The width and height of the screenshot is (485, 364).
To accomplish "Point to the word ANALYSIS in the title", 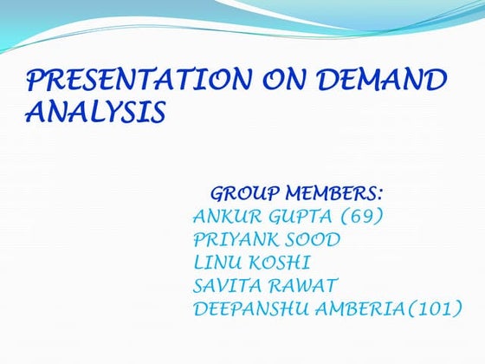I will coord(95,113).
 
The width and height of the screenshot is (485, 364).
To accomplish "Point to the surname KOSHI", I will coord(281,262).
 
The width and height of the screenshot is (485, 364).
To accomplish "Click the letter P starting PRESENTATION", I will coord(36,81).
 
